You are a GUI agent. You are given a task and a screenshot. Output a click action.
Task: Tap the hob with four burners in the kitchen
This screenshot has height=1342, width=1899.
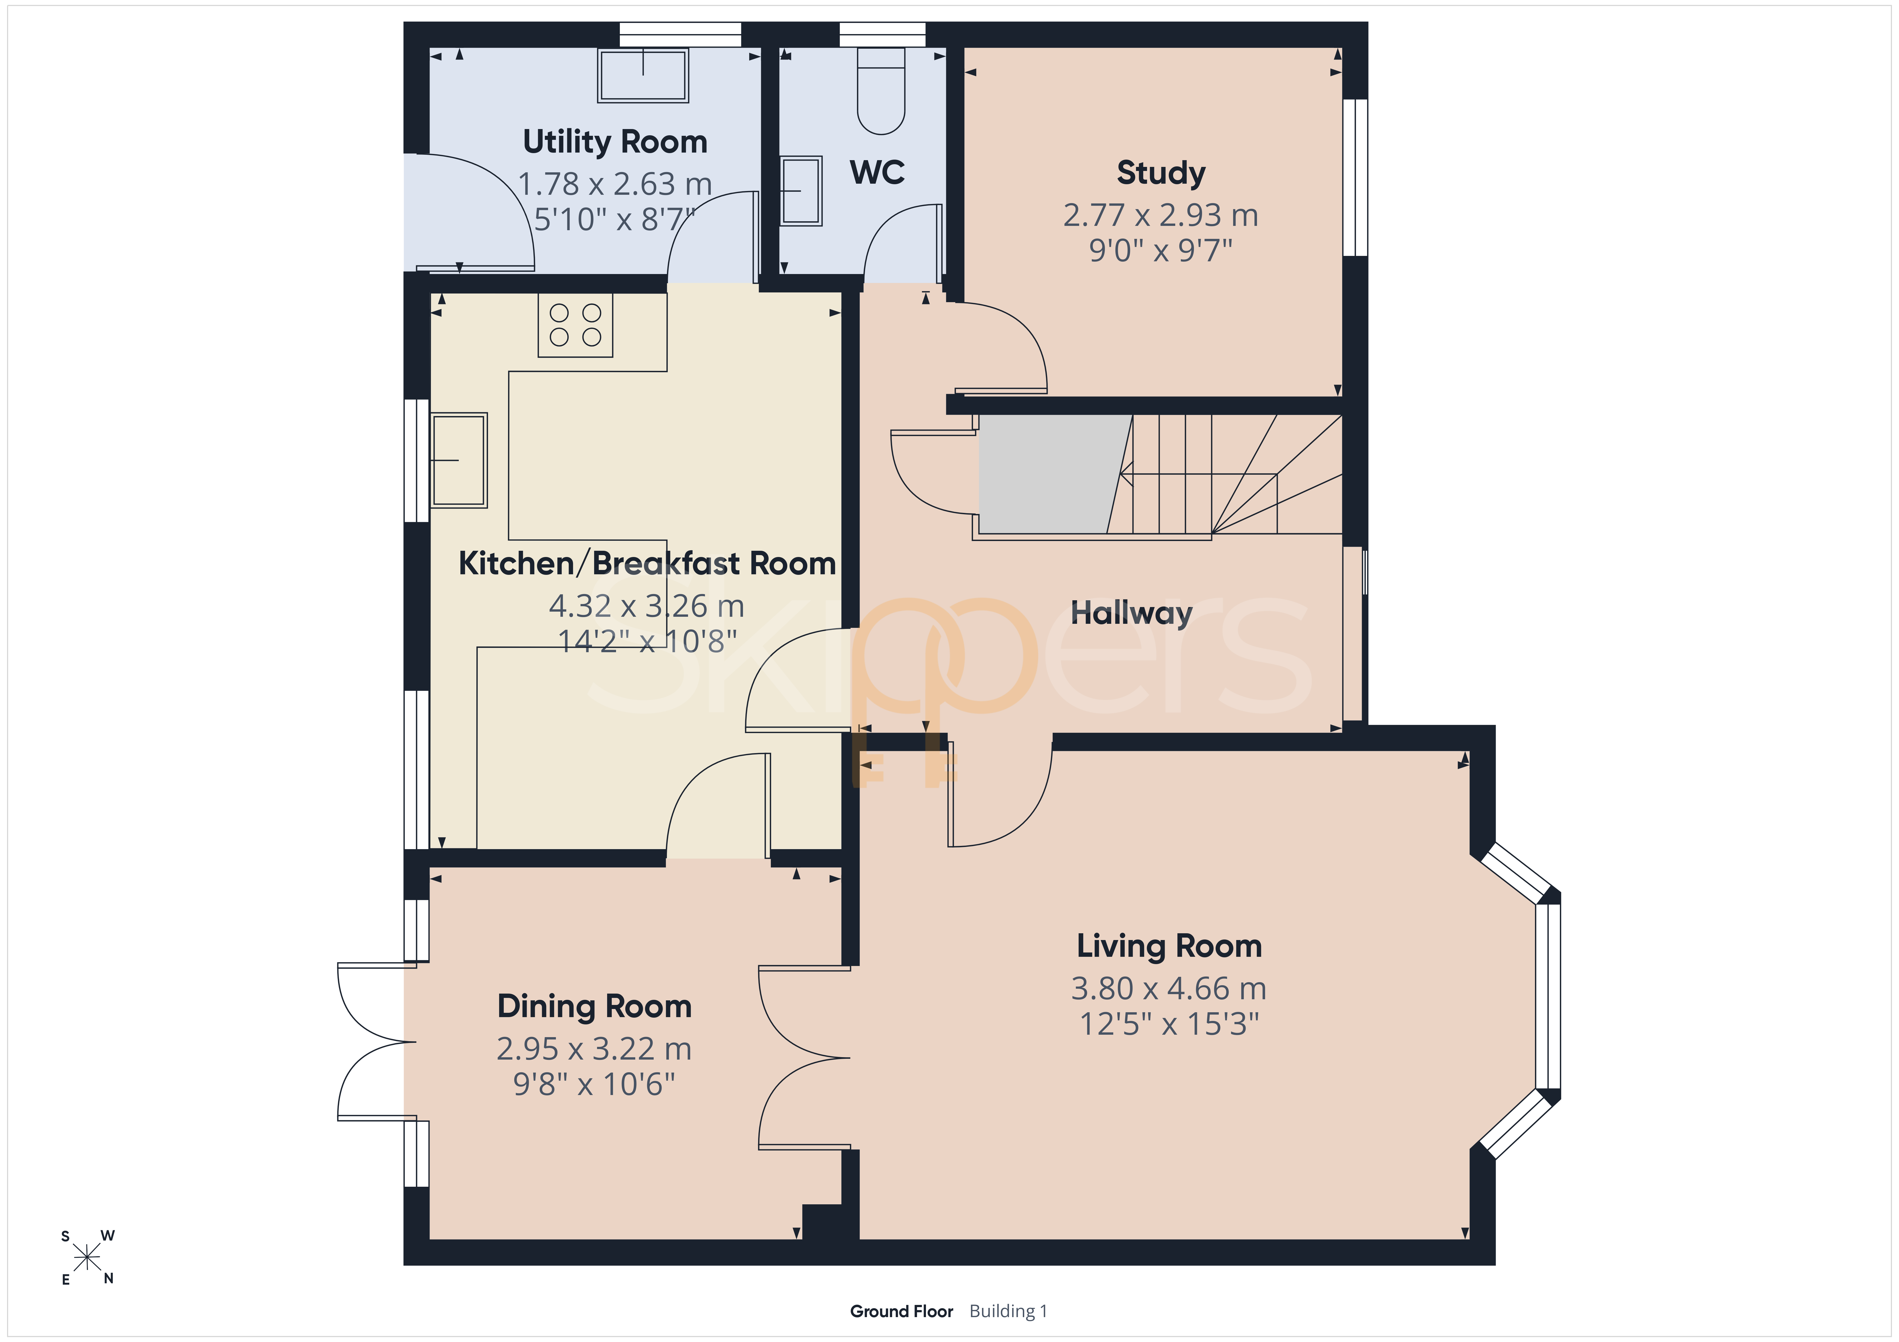[x=576, y=325]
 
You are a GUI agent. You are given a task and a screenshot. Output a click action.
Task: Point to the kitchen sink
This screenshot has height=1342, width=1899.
[x=459, y=460]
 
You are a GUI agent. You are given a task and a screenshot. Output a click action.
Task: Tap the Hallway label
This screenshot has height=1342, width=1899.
[x=1131, y=614]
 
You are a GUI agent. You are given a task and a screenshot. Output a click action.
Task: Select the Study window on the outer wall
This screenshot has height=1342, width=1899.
[x=1355, y=178]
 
